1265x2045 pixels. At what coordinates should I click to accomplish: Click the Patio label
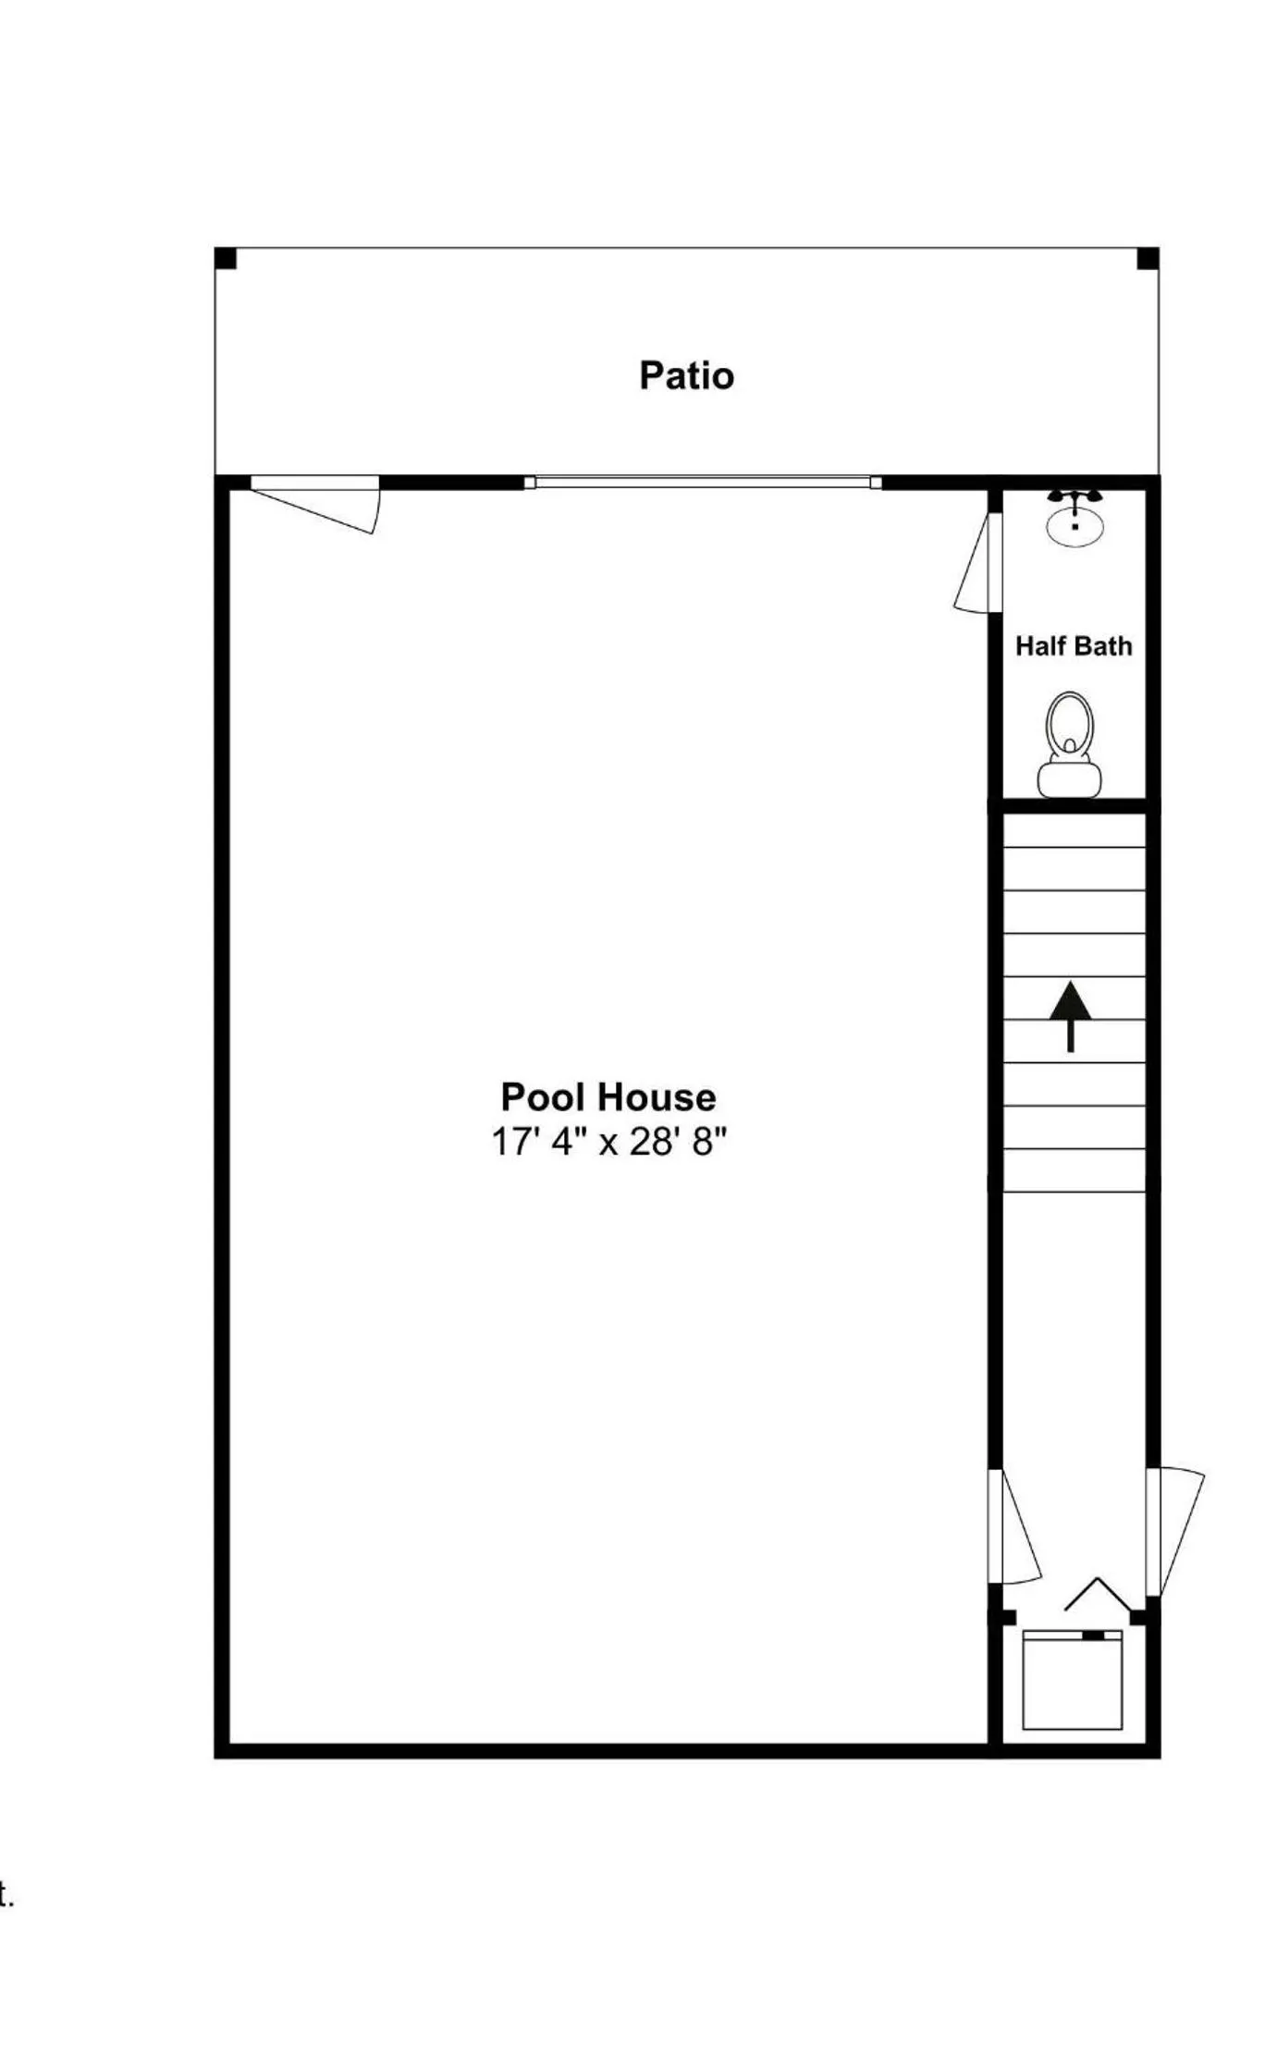(x=686, y=376)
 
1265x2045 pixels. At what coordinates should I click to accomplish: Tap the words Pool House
(x=608, y=1097)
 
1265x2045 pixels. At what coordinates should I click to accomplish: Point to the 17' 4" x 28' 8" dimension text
(x=608, y=1143)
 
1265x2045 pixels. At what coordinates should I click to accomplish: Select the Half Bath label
(x=1073, y=646)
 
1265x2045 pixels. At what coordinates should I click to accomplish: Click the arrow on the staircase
(x=1070, y=1015)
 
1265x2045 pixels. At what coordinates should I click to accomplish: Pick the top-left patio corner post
(x=226, y=259)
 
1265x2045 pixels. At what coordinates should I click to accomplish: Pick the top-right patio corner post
(x=1147, y=259)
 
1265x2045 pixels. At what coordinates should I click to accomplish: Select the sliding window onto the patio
(x=703, y=482)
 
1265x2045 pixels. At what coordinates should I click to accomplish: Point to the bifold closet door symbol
(x=1098, y=1595)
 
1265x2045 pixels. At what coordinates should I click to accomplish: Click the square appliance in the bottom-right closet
(x=1072, y=1680)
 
